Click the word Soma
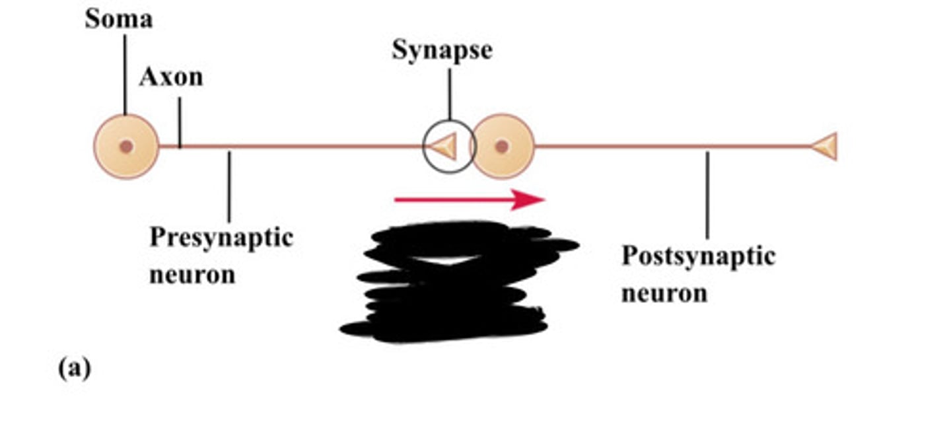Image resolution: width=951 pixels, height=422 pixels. coord(118,18)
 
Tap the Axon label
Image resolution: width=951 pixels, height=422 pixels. coord(171,77)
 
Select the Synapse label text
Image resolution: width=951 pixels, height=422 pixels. coord(442,50)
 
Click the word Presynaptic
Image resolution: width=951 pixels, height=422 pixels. coord(221,237)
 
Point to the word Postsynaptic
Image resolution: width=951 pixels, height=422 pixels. coord(698,256)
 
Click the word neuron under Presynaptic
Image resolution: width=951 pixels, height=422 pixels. coord(192,273)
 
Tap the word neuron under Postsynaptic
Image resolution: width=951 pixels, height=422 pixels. coord(664,293)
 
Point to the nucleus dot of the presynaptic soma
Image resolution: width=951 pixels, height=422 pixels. coord(126,146)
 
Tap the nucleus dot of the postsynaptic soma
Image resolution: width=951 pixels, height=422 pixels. coord(502,146)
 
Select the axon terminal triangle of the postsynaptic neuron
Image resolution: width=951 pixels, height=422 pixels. coord(825,146)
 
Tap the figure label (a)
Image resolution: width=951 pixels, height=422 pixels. coord(74,368)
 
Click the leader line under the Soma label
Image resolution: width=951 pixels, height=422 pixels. coord(125,73)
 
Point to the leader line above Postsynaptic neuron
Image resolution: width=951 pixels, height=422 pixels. coord(707,195)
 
